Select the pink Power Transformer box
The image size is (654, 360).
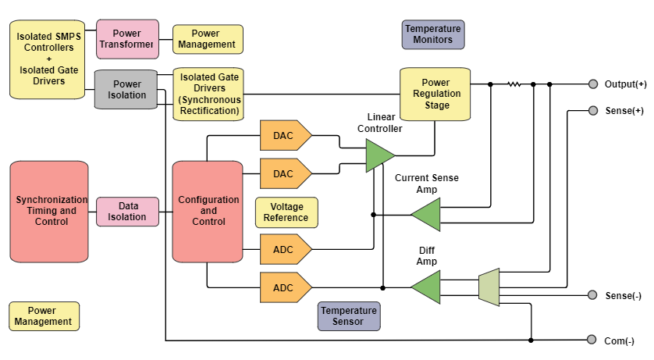pyautogui.click(x=127, y=39)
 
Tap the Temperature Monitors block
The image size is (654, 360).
pyautogui.click(x=433, y=34)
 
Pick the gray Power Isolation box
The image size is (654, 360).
pyautogui.click(x=126, y=89)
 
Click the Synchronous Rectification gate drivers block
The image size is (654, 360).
pyautogui.click(x=208, y=94)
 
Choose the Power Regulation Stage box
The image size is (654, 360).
pyautogui.click(x=436, y=94)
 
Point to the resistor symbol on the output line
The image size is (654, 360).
pyautogui.click(x=514, y=84)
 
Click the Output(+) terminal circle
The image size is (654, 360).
pyautogui.click(x=592, y=84)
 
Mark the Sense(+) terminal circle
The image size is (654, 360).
pyautogui.click(x=592, y=110)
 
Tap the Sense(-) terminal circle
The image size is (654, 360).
pyautogui.click(x=592, y=295)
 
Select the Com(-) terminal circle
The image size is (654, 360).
pyautogui.click(x=592, y=340)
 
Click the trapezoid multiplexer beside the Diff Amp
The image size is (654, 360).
pyautogui.click(x=489, y=287)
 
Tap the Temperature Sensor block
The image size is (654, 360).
pyautogui.click(x=349, y=315)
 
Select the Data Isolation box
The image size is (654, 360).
pyautogui.click(x=126, y=212)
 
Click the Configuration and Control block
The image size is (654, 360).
pyautogui.click(x=208, y=211)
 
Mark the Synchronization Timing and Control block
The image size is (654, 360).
pyautogui.click(x=52, y=211)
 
